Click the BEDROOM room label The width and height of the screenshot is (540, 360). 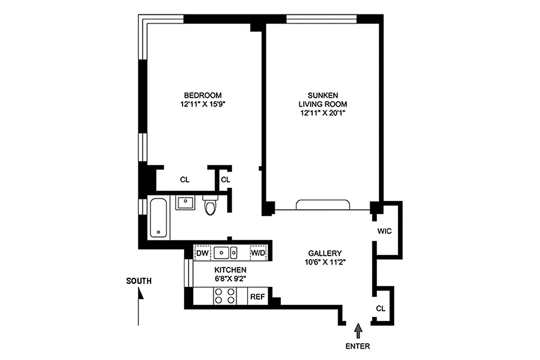[202, 95]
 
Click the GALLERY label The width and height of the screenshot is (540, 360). [325, 253]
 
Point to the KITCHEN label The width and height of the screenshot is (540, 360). [230, 270]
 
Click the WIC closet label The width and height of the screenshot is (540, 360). [385, 231]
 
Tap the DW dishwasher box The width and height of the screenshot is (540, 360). [202, 253]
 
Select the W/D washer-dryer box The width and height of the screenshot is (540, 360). [258, 253]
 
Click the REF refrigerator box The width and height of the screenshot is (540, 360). [257, 297]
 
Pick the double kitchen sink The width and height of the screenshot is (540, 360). [225, 253]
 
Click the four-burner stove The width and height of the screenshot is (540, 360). [225, 296]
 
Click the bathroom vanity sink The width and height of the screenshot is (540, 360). [184, 202]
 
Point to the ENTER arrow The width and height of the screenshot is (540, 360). [358, 331]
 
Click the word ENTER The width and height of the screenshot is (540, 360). [358, 346]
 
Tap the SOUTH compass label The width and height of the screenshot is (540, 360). [139, 281]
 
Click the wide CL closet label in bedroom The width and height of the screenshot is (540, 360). [184, 180]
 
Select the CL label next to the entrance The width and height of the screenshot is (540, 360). [381, 309]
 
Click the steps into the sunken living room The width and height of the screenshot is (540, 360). [323, 205]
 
